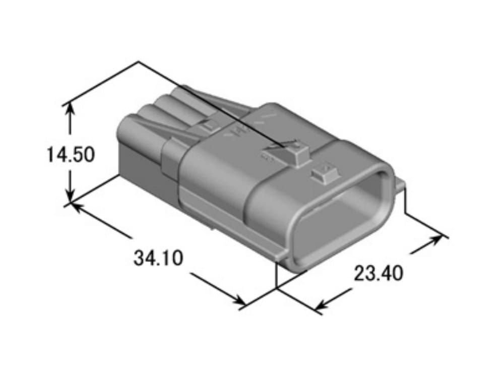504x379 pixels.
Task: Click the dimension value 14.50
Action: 71,154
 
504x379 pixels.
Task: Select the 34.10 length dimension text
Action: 158,258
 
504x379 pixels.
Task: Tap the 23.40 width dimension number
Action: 378,274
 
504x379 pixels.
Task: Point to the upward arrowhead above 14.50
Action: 70,110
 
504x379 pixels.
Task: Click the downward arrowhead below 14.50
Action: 70,196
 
